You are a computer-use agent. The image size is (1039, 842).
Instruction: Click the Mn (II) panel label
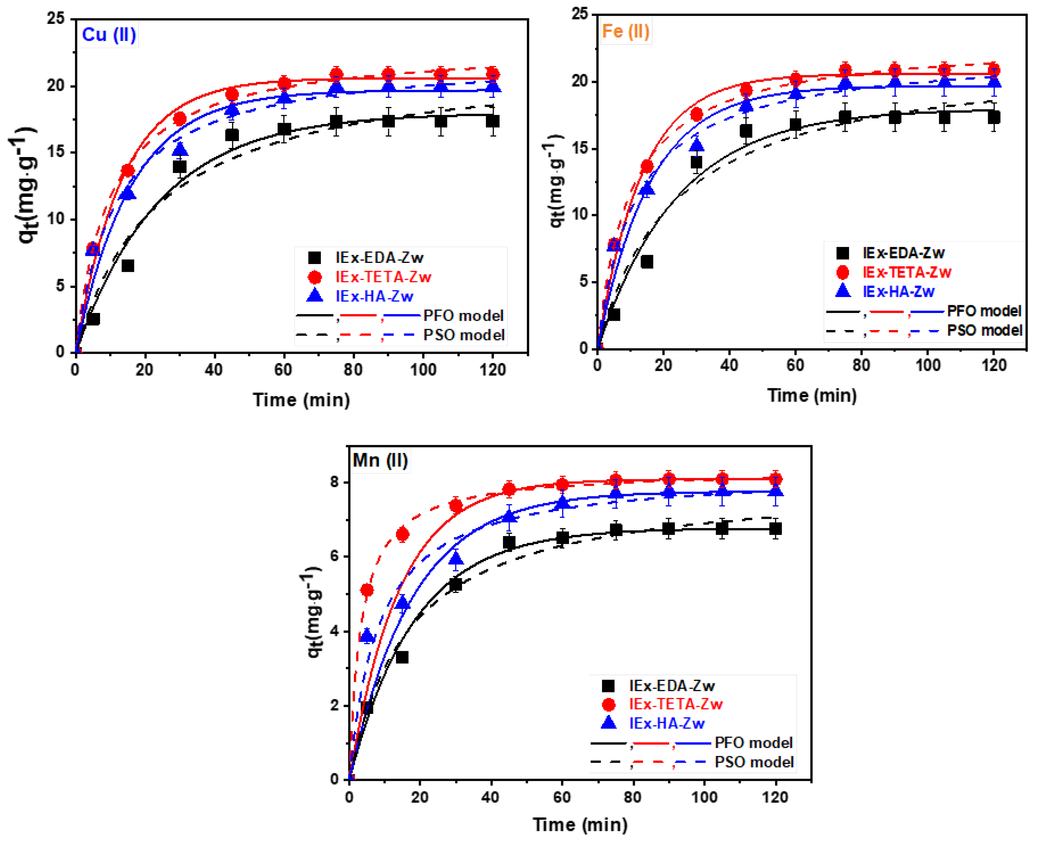point(380,460)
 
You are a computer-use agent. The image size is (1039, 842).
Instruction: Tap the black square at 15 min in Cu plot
point(128,266)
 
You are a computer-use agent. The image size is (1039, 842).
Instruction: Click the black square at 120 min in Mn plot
point(775,529)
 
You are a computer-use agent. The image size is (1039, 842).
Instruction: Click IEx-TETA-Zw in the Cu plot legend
point(383,277)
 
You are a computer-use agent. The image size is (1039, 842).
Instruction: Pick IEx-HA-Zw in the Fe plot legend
point(898,292)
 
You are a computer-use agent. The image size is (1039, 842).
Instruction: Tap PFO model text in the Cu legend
point(463,316)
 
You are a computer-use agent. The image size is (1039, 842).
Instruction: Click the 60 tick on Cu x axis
point(283,370)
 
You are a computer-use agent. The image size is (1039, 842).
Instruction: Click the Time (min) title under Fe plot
point(812,395)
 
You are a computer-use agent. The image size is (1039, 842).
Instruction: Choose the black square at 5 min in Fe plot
point(614,314)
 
